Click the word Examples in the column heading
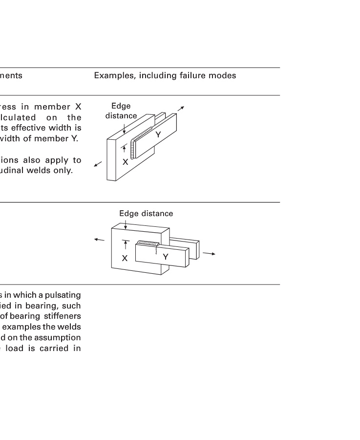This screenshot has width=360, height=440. (112, 76)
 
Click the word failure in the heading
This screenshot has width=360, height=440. (185, 76)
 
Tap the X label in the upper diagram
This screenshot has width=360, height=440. (125, 162)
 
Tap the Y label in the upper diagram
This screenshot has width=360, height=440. (158, 134)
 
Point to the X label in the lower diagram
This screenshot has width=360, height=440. (125, 258)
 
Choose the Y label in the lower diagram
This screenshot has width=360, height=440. (166, 257)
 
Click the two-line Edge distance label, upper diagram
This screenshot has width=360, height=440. (121, 111)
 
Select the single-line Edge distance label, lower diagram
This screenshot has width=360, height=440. (146, 214)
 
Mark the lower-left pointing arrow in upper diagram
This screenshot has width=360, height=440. (98, 164)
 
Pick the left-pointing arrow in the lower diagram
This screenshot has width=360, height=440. (99, 240)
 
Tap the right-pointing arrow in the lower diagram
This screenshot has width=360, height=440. (209, 254)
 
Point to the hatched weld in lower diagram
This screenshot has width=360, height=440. (148, 242)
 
